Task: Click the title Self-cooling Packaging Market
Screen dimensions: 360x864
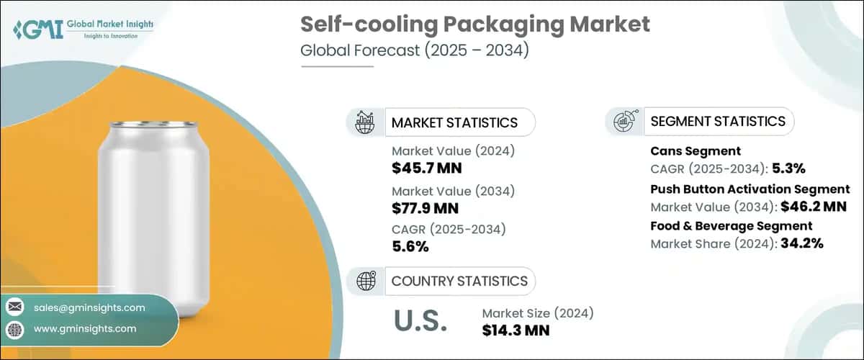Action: [x=475, y=24]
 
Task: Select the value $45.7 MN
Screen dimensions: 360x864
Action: [x=426, y=168]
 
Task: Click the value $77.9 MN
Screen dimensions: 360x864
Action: [x=426, y=208]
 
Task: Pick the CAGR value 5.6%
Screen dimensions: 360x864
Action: [x=410, y=247]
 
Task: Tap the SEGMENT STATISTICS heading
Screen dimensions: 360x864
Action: [x=717, y=121]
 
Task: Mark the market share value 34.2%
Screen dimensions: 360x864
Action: [x=798, y=243]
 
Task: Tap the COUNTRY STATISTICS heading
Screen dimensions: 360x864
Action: [x=459, y=281]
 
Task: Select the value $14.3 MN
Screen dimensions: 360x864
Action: [x=516, y=330]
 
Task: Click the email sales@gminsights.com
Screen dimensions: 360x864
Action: [x=89, y=307]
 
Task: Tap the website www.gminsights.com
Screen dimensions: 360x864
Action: [x=84, y=328]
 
